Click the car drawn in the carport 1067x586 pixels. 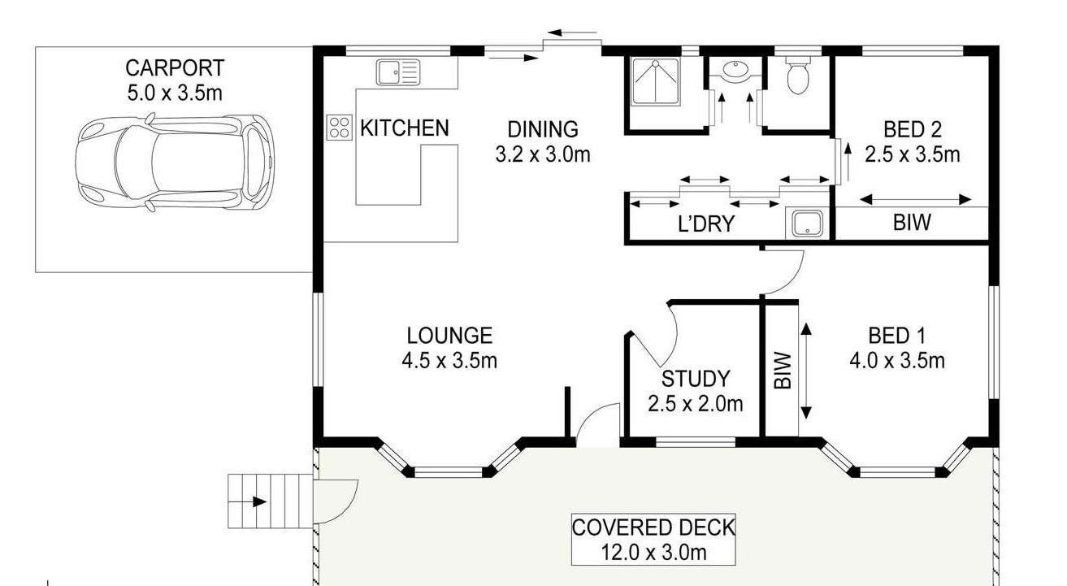pyautogui.click(x=175, y=163)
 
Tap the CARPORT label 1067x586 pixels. pyautogui.click(x=175, y=68)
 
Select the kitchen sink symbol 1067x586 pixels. pyautogui.click(x=398, y=72)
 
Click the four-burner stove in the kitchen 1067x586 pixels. pyautogui.click(x=339, y=128)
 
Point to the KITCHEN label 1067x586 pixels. pyautogui.click(x=405, y=128)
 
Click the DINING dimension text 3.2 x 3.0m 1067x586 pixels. pyautogui.click(x=543, y=154)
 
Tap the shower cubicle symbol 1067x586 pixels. pyautogui.click(x=656, y=81)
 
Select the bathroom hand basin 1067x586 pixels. pyautogui.click(x=736, y=70)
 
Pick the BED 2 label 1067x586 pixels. pyautogui.click(x=912, y=129)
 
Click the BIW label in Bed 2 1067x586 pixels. pyautogui.click(x=912, y=223)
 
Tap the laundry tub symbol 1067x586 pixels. pyautogui.click(x=808, y=224)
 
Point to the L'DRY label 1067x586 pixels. pyautogui.click(x=706, y=224)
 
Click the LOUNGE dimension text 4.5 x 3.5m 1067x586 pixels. pyautogui.click(x=449, y=361)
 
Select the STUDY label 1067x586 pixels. pyautogui.click(x=696, y=380)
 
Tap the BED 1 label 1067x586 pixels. pyautogui.click(x=897, y=336)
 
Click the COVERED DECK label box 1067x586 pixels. pyautogui.click(x=653, y=540)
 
